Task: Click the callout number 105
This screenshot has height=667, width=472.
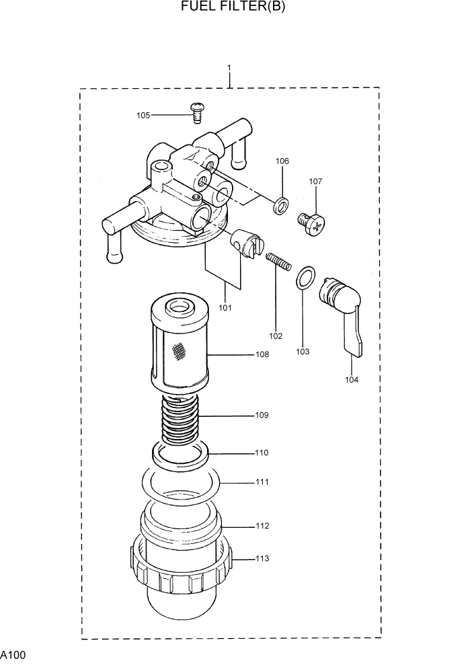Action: (x=143, y=115)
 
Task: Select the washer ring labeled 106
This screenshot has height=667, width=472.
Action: (x=282, y=204)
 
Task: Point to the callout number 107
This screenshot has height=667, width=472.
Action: (x=315, y=181)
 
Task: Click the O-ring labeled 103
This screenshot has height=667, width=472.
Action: (x=305, y=277)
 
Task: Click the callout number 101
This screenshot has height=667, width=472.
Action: (x=225, y=307)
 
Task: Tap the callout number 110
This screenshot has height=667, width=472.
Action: (x=262, y=453)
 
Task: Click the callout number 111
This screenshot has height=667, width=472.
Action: (x=262, y=482)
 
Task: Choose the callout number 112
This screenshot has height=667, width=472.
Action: (x=262, y=526)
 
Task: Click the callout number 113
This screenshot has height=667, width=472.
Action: (x=262, y=558)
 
